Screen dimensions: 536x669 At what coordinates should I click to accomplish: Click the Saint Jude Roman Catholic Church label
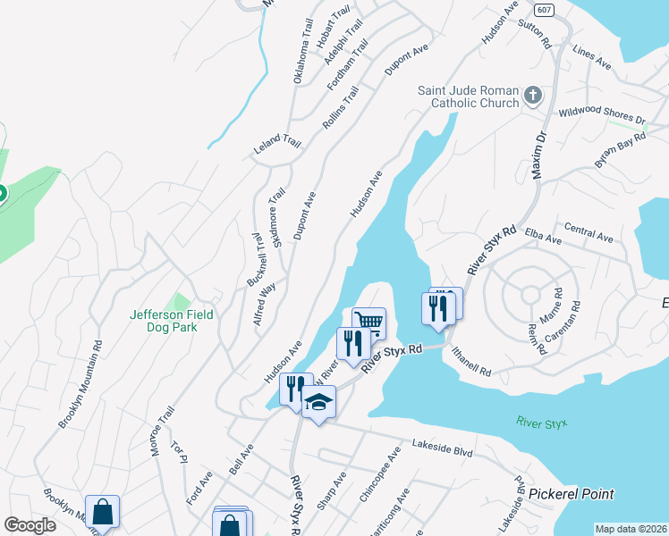coord(470,96)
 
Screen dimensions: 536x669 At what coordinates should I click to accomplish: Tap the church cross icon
coord(533,96)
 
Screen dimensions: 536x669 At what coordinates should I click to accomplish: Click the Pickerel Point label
coord(571,494)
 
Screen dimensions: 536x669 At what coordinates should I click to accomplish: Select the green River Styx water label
coord(542,422)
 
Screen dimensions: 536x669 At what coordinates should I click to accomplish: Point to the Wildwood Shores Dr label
coord(601,117)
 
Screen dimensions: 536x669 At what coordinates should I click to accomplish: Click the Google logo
coord(30,525)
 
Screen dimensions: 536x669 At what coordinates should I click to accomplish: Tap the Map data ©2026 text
coord(631,529)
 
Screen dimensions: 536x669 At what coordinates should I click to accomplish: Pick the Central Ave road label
coord(589,234)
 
